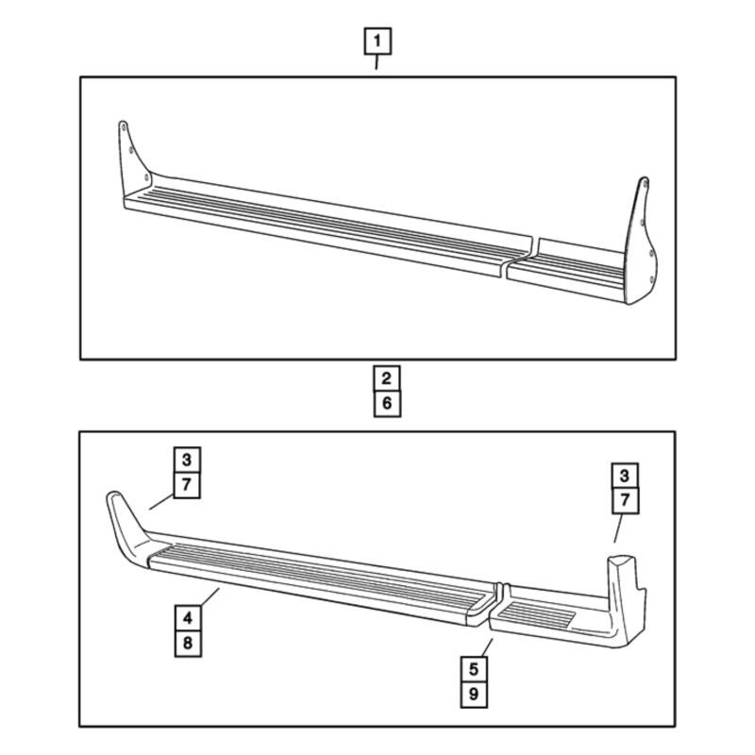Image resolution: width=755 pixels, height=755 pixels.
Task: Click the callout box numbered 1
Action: (377, 42)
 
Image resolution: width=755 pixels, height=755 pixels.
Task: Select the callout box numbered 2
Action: (387, 378)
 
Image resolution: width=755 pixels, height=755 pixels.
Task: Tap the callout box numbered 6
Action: (387, 404)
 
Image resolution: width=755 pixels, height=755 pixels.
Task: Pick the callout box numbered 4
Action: (188, 618)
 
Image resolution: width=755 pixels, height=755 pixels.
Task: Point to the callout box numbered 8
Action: (188, 644)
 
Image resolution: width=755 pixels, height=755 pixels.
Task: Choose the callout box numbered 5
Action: (474, 669)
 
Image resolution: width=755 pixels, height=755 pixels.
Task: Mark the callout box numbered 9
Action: (474, 695)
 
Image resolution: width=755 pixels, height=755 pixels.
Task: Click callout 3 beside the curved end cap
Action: (187, 461)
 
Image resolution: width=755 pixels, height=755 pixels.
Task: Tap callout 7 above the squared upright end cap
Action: (625, 501)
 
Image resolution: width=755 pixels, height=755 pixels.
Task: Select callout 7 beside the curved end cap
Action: (187, 485)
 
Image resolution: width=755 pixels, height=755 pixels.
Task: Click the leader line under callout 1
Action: (377, 62)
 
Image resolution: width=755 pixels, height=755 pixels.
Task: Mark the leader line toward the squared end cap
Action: (618, 528)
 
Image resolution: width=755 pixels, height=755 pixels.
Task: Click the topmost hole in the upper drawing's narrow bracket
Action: (124, 128)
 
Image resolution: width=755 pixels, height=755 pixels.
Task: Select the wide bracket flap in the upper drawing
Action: (641, 241)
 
